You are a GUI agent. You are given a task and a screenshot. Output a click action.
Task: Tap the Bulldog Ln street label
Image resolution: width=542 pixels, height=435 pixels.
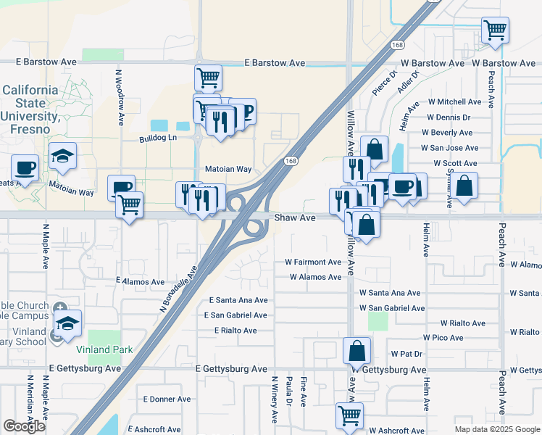coord(158,137)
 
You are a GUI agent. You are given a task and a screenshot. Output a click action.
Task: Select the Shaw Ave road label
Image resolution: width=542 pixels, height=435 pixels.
coord(295,217)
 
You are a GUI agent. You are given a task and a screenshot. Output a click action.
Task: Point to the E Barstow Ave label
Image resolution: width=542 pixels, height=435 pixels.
coord(275,63)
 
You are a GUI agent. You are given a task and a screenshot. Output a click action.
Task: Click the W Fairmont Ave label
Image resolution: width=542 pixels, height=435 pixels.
coord(312,262)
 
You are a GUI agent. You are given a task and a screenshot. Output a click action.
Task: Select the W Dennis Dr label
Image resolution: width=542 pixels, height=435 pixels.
coord(449,117)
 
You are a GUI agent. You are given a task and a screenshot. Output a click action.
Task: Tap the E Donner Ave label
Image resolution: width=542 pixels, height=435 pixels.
coord(167,399)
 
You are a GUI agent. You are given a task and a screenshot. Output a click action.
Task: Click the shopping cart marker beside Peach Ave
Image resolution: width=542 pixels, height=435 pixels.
coord(496,30)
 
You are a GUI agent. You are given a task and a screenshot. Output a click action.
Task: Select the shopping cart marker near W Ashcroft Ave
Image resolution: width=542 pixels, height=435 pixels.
coord(349,415)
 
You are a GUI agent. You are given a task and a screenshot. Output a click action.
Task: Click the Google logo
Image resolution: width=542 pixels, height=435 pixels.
coord(24,426)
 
